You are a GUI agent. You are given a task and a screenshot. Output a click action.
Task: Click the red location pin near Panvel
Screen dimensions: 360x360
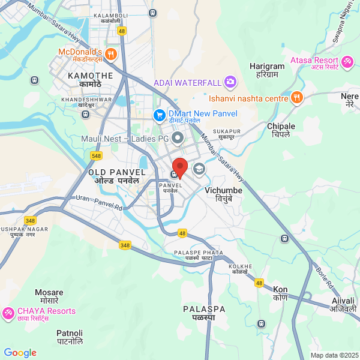[x=180, y=166]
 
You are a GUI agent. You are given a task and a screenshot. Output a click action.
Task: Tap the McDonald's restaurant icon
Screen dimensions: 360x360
[x=110, y=55]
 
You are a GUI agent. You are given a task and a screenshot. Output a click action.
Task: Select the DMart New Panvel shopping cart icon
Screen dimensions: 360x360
[x=159, y=114]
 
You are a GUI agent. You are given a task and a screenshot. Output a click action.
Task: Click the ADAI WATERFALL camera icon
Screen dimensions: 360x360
[x=230, y=82]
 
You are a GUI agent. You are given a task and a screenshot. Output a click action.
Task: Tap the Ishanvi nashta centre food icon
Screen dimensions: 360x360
[x=296, y=98]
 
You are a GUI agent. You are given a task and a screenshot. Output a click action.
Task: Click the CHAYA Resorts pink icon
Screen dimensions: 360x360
[x=8, y=312]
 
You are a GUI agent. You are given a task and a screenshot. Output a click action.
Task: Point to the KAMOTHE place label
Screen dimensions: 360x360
[x=91, y=76]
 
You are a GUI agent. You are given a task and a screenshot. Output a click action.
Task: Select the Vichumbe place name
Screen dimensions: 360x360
[x=224, y=191]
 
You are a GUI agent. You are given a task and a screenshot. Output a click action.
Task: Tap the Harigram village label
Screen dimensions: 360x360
[x=267, y=67]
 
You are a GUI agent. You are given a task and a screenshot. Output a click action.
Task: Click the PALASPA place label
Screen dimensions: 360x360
[x=205, y=309]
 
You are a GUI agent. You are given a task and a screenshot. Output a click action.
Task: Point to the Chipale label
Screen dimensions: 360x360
[x=281, y=127]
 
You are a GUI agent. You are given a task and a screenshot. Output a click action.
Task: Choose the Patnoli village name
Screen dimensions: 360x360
[x=70, y=332]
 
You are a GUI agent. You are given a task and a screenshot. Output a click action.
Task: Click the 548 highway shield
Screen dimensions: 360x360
[x=96, y=155]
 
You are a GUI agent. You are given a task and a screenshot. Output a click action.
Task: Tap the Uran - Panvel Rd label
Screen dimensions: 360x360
[x=98, y=203]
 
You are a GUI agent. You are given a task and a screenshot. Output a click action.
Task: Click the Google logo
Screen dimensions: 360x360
[x=20, y=353]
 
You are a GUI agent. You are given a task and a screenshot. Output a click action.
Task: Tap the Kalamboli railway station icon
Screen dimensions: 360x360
[x=154, y=12]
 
